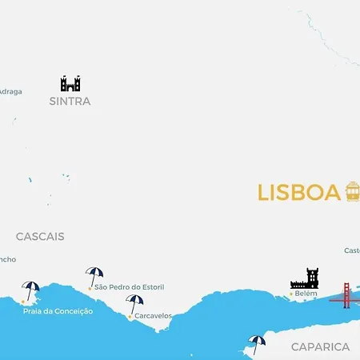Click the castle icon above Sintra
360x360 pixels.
coord(70,83)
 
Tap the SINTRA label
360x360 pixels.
coord(70,102)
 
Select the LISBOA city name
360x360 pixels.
coord(298,193)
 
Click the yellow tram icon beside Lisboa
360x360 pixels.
coord(352,191)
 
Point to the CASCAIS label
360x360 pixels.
coord(40,237)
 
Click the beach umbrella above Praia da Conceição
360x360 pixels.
coord(31,290)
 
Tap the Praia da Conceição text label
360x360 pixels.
coord(58,311)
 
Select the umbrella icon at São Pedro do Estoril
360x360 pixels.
coord(94,275)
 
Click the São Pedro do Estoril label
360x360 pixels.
coord(133,287)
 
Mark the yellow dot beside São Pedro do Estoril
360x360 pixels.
coord(90,288)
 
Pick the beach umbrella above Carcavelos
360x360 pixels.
coord(134,303)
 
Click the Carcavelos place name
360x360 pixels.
coord(153,316)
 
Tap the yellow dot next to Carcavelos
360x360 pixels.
coord(130,317)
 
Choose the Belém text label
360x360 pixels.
coord(306,294)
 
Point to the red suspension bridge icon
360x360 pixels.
coord(346,295)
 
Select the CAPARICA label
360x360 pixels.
coord(320,346)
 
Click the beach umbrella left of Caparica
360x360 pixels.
coord(256,344)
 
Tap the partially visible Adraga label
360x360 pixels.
coord(10,91)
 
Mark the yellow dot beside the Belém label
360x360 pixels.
coord(292,294)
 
